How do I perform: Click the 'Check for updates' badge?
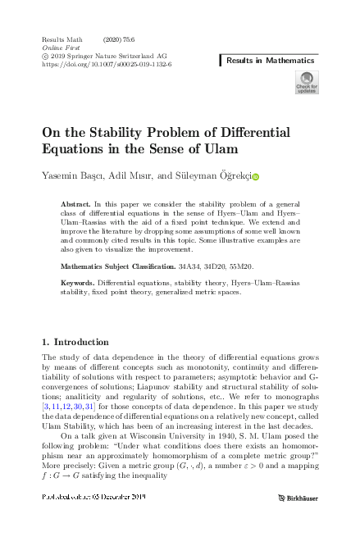click(306, 83)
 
